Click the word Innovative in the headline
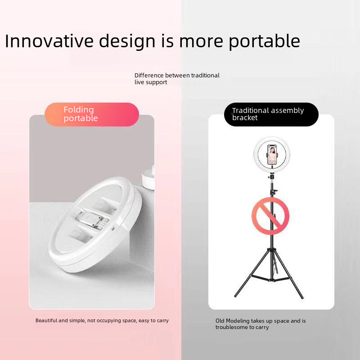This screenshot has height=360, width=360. tap(49, 41)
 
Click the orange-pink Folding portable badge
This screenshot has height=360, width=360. tap(92, 114)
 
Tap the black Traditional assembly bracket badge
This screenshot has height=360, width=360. tap(271, 114)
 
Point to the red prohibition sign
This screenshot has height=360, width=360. tap(270, 216)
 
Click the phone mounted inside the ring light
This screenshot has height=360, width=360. tap(272, 154)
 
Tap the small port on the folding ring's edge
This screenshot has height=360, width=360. tap(113, 229)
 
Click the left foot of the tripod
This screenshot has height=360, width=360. tap(235, 296)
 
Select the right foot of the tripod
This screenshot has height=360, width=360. tap(301, 297)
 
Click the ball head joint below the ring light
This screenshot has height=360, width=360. tap(272, 177)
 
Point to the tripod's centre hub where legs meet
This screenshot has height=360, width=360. tap(272, 250)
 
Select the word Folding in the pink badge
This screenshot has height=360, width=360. tap(78, 110)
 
